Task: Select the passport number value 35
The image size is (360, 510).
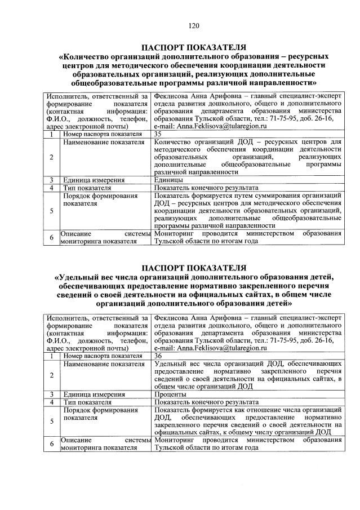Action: tap(158, 134)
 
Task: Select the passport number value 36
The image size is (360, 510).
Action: tap(158, 356)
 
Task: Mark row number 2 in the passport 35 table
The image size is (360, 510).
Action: tap(51, 157)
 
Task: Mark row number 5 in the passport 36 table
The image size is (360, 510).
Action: tap(51, 421)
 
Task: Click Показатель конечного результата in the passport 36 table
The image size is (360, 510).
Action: tap(206, 402)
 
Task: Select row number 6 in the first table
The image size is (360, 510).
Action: tap(51, 238)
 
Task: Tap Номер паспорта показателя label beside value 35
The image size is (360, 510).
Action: tap(102, 134)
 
